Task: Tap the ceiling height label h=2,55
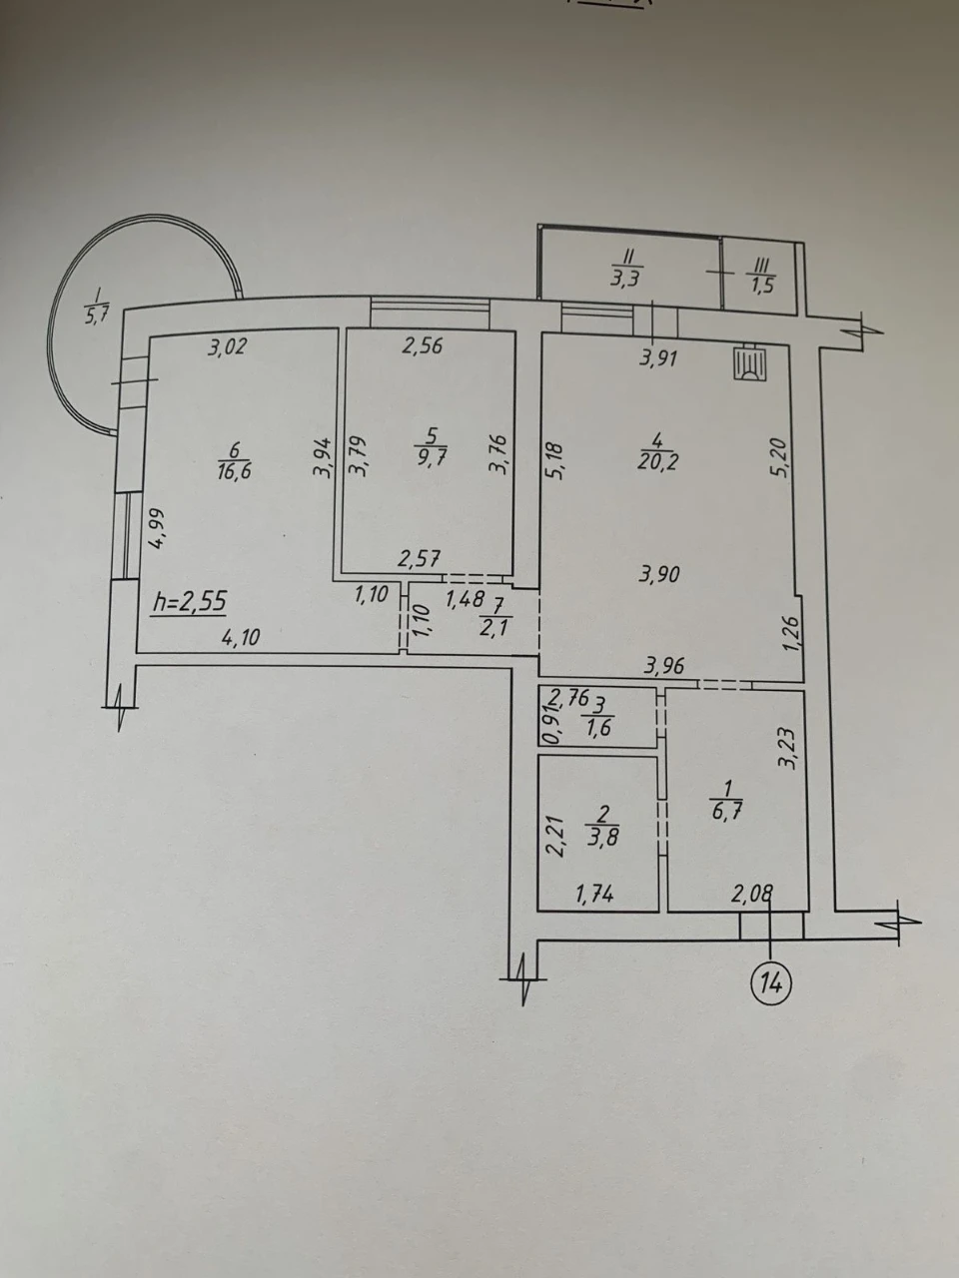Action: [189, 601]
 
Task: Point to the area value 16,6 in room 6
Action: [234, 470]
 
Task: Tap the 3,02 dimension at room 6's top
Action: [228, 347]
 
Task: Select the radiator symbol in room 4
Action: [750, 364]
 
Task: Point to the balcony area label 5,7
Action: [93, 318]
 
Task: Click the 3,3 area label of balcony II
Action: [625, 279]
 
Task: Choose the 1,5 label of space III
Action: [762, 287]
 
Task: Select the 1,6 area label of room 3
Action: [599, 728]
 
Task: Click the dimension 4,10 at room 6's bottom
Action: [240, 638]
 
